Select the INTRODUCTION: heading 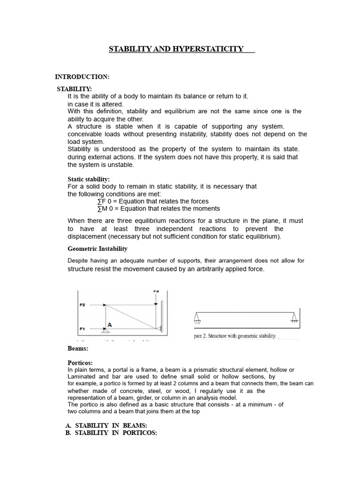tap(82, 76)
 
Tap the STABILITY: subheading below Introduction tap(75, 89)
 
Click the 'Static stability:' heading tap(89, 179)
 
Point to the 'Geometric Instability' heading tap(97, 248)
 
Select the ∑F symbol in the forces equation tap(101, 201)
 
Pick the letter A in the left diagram tap(110, 324)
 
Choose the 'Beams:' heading tap(78, 349)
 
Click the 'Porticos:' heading tap(80, 363)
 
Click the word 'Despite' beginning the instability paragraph tap(79, 261)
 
